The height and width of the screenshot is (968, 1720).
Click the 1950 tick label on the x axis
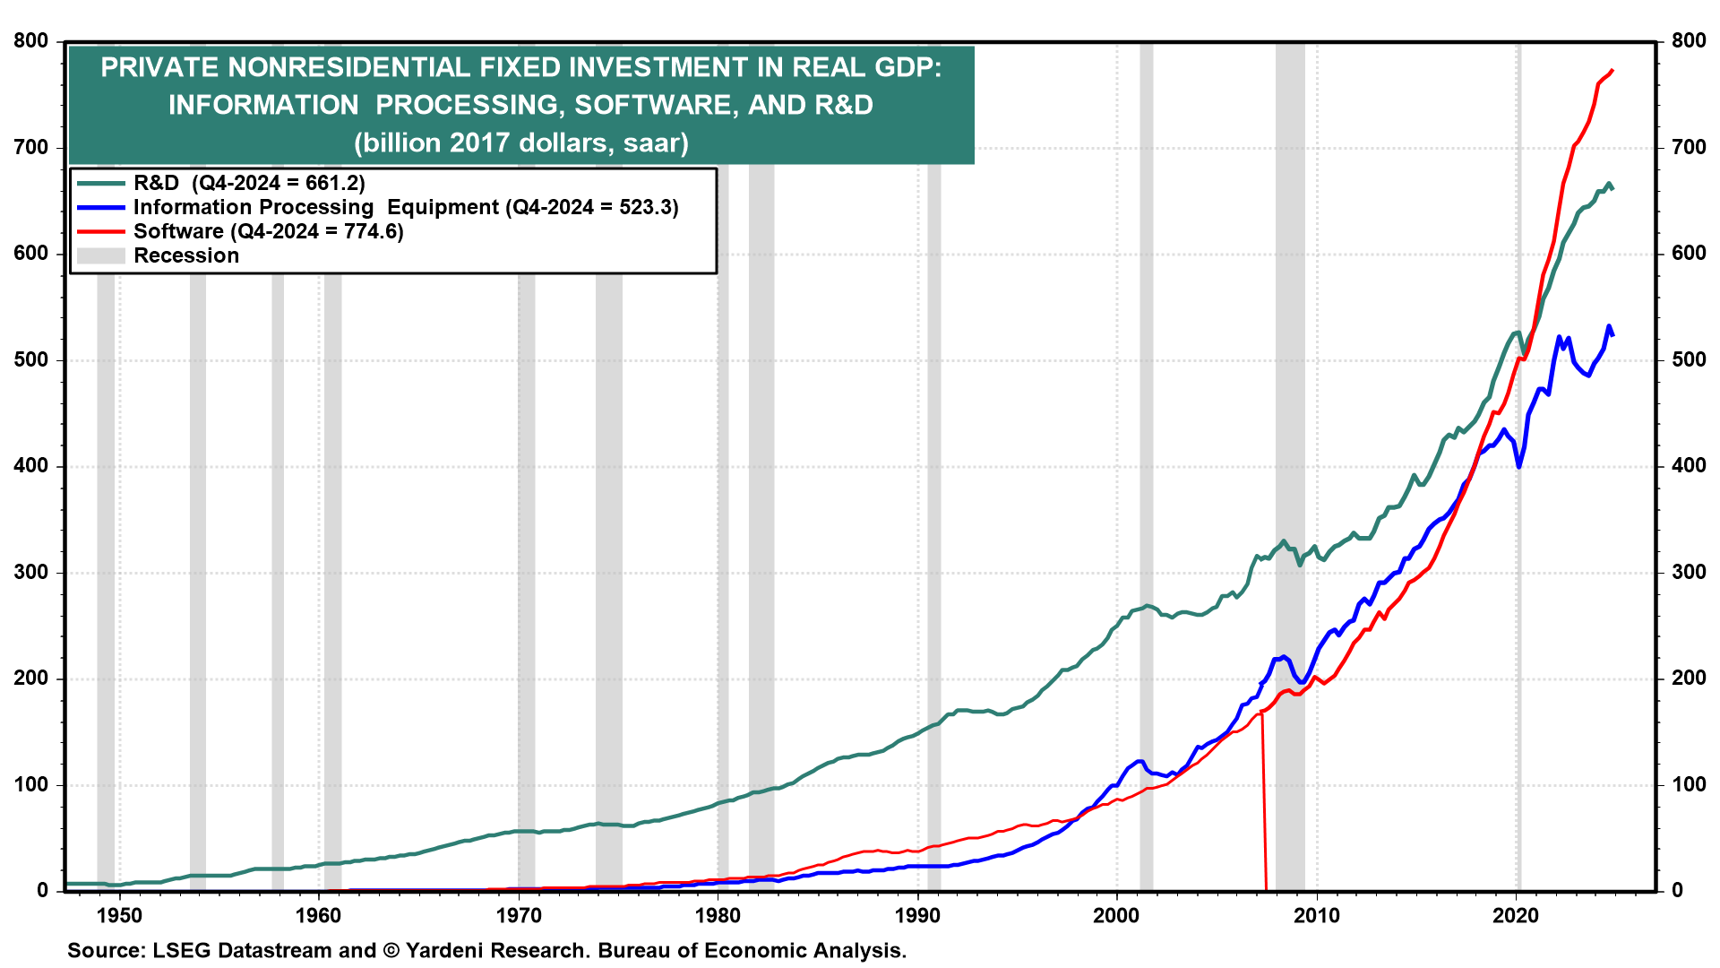119,915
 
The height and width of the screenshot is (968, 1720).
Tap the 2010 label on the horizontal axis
1317,915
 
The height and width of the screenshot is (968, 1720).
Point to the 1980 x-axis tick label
718,915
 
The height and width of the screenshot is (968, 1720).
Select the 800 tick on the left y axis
31,41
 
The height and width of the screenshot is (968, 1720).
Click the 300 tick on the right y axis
1689,572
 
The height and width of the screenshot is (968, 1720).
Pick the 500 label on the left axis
31,359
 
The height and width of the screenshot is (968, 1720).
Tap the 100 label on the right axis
1689,784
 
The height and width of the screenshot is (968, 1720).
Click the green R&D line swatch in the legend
100,183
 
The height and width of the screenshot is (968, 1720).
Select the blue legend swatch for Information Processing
100,207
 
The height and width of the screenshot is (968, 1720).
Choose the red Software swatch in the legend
100,231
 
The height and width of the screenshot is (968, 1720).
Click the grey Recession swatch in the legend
100,255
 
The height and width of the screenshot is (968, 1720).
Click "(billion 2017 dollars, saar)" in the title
521,143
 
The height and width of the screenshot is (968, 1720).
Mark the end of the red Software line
1612,70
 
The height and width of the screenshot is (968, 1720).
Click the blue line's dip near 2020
1519,466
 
